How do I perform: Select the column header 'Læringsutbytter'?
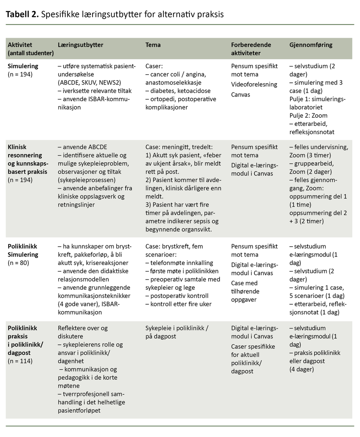pyautogui.click(x=81, y=45)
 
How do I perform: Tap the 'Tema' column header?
pyautogui.click(x=153, y=45)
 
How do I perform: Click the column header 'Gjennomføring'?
pyautogui.click(x=311, y=45)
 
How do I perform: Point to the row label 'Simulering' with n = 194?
pyautogui.click(x=23, y=66)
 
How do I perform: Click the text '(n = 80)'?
pyautogui.click(x=18, y=263)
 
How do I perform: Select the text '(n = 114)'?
pyautogui.click(x=20, y=361)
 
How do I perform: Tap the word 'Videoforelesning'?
pyautogui.click(x=254, y=84)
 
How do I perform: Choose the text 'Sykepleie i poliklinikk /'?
pyautogui.click(x=177, y=328)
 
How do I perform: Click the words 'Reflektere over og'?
pyautogui.click(x=83, y=328)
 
